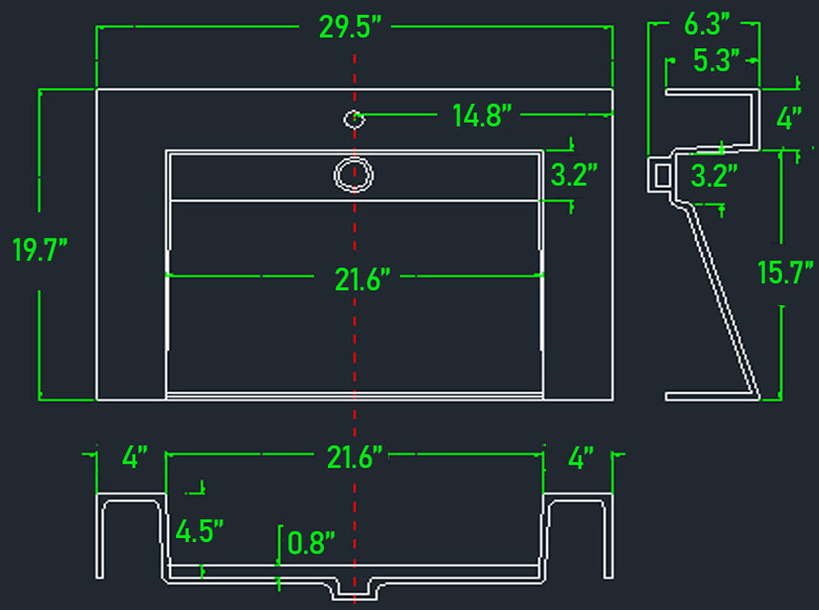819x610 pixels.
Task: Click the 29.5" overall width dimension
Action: [350, 26]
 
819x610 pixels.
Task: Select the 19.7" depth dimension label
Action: [41, 250]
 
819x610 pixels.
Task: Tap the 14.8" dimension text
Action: [482, 115]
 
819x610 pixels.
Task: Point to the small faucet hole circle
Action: [354, 119]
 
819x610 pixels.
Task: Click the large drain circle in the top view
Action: [353, 175]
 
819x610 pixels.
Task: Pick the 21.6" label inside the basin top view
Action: [362, 280]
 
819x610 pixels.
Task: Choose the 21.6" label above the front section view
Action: [354, 457]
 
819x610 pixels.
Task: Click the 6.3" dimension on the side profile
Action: [707, 24]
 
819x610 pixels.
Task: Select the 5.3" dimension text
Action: [716, 60]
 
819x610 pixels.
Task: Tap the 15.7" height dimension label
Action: [785, 272]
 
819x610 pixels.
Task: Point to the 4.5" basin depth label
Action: [199, 532]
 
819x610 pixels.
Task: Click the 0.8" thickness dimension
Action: [311, 543]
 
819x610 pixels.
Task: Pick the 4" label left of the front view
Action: [135, 457]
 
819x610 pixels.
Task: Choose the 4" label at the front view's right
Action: [581, 458]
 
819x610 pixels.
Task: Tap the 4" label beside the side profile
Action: [789, 118]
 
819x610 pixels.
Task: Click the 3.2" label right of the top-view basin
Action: [573, 175]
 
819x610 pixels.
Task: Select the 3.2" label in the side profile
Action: [713, 176]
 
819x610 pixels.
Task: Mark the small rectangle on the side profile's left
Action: [663, 176]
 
